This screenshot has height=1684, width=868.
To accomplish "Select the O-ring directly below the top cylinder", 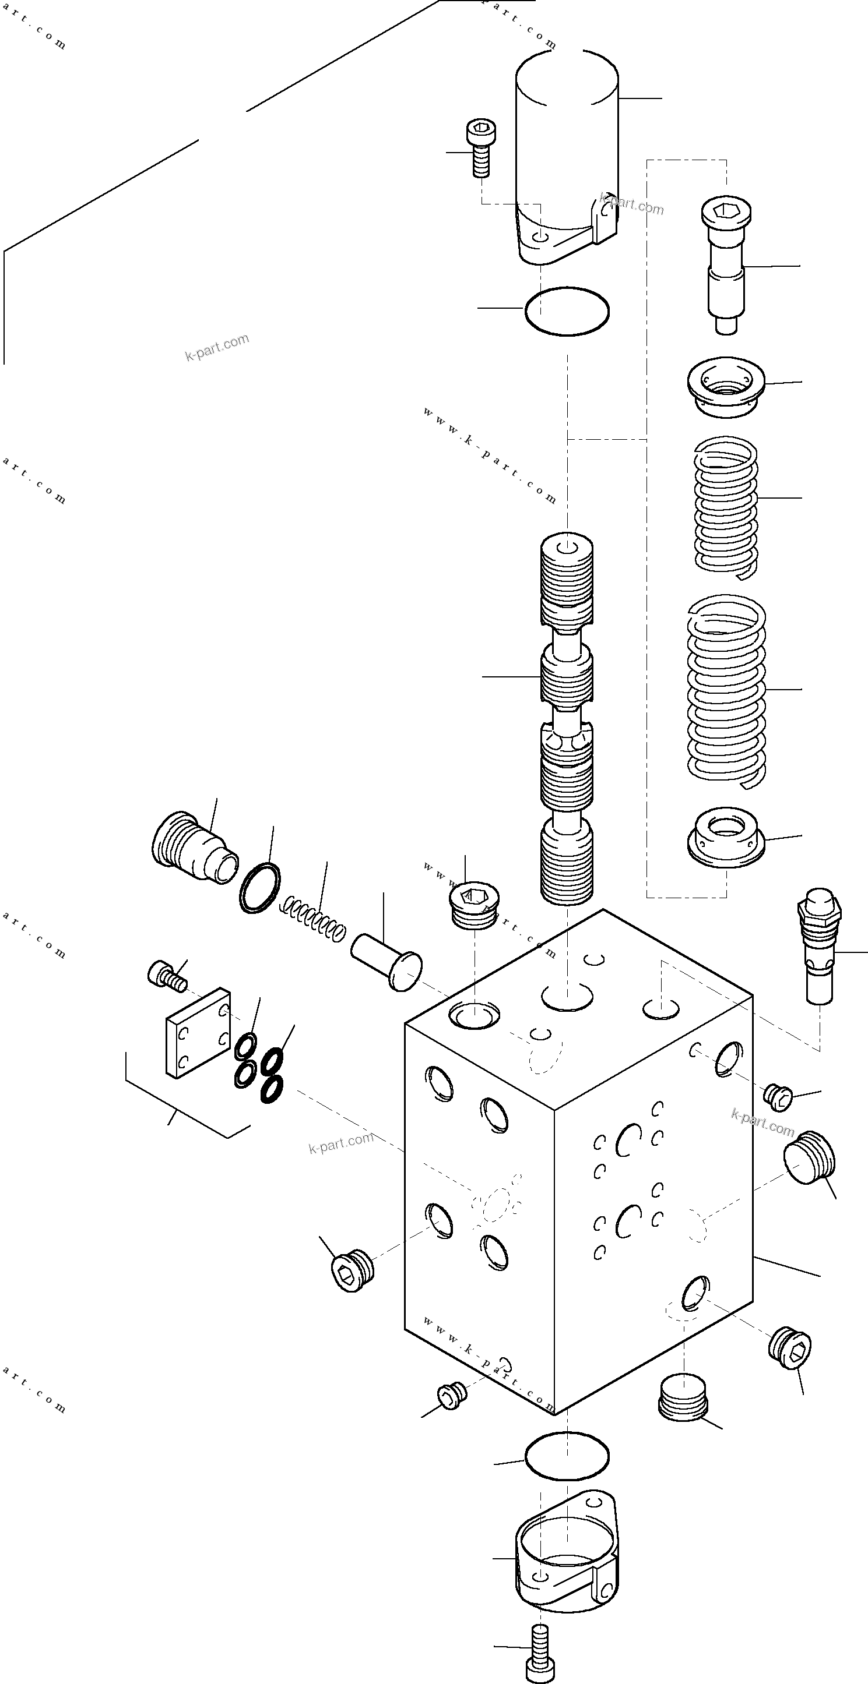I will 567,311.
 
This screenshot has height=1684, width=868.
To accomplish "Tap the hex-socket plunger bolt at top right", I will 726,265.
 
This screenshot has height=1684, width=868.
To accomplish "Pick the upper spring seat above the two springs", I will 726,386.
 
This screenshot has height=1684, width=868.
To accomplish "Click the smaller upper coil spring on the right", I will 726,507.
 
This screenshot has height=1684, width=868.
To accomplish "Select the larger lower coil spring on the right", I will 726,690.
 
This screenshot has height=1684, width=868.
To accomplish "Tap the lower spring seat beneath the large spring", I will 726,838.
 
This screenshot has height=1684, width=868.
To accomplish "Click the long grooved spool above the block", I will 567,719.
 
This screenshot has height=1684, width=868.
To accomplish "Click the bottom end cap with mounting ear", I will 567,1559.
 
